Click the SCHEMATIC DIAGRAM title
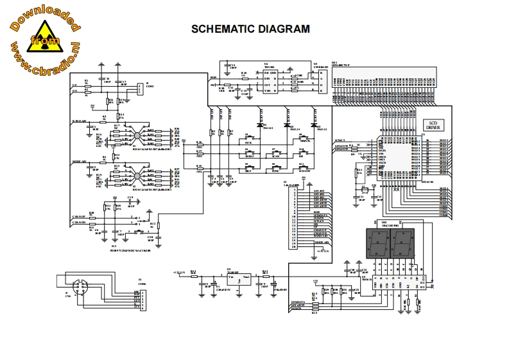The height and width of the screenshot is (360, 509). click(251, 29)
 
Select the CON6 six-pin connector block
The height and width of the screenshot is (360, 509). click(137, 298)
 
